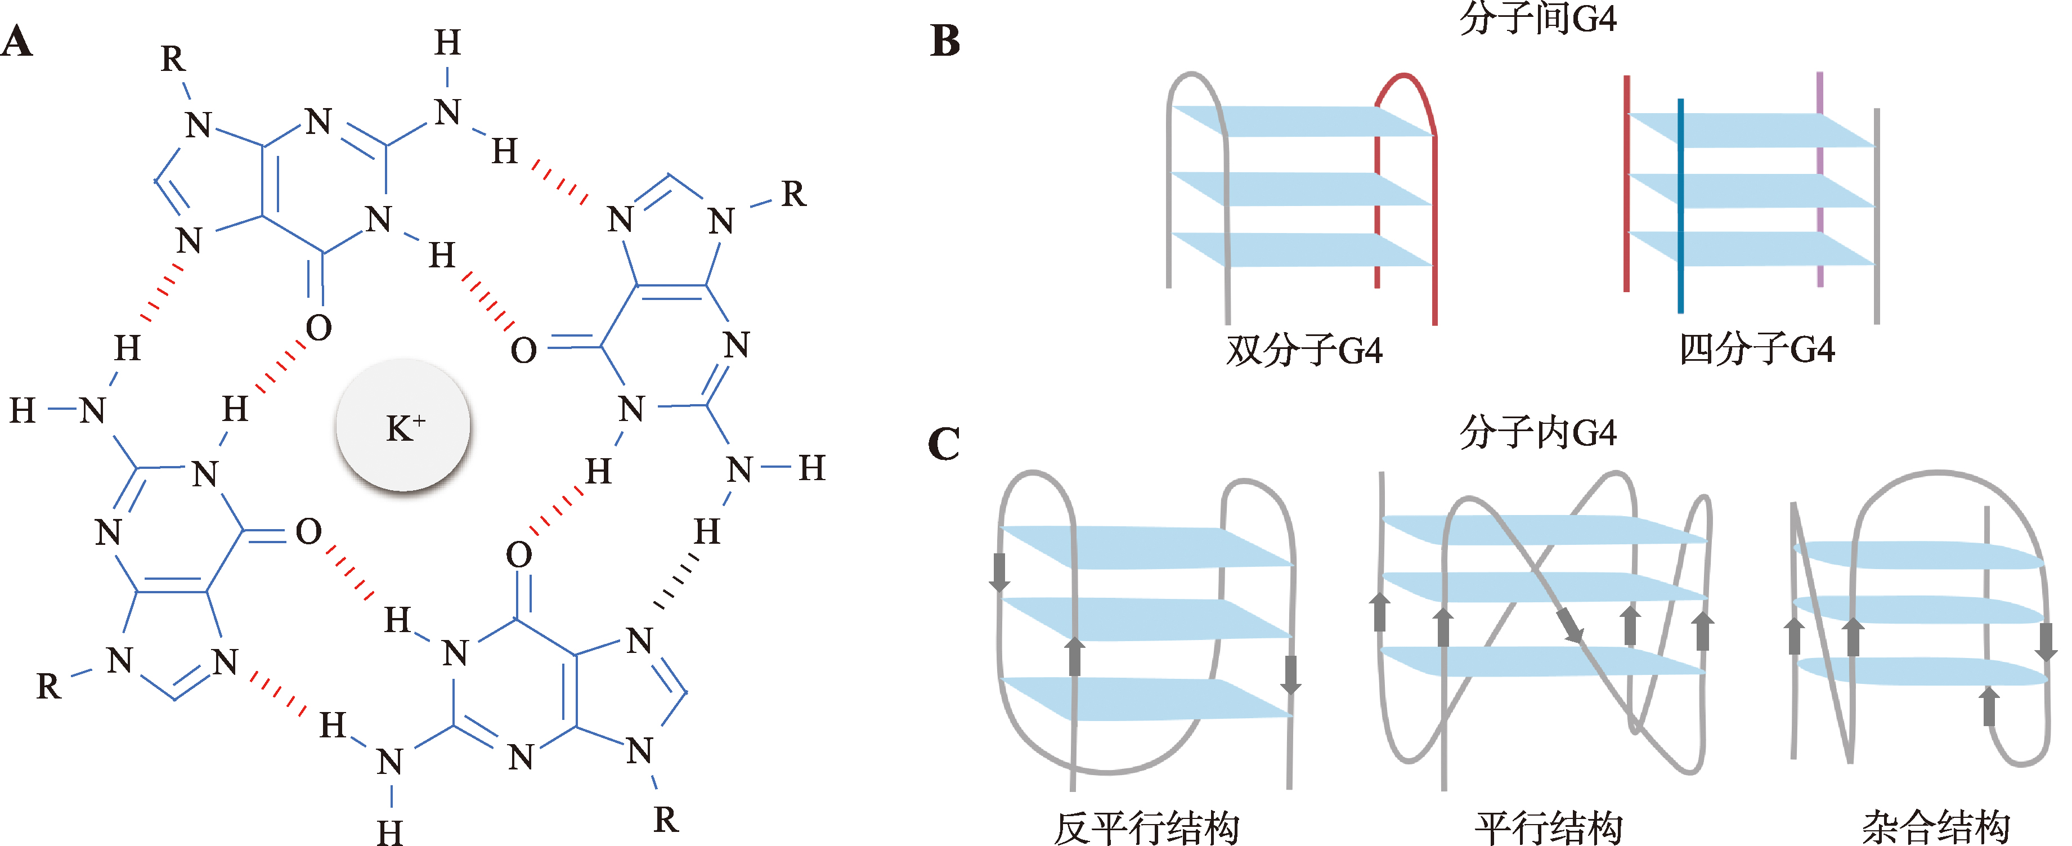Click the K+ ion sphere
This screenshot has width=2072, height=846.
403,424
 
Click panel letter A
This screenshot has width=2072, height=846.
17,42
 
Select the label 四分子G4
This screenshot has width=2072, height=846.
1757,349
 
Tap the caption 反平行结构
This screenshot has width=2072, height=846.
1146,827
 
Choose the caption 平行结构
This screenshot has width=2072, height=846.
1548,827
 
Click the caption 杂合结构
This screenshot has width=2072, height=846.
1935,827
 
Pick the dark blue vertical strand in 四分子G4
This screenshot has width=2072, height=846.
1680,205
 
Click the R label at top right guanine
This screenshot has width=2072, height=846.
793,194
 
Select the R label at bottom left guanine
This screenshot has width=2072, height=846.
48,686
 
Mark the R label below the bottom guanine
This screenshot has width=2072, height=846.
666,820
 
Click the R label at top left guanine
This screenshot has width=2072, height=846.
172,58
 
